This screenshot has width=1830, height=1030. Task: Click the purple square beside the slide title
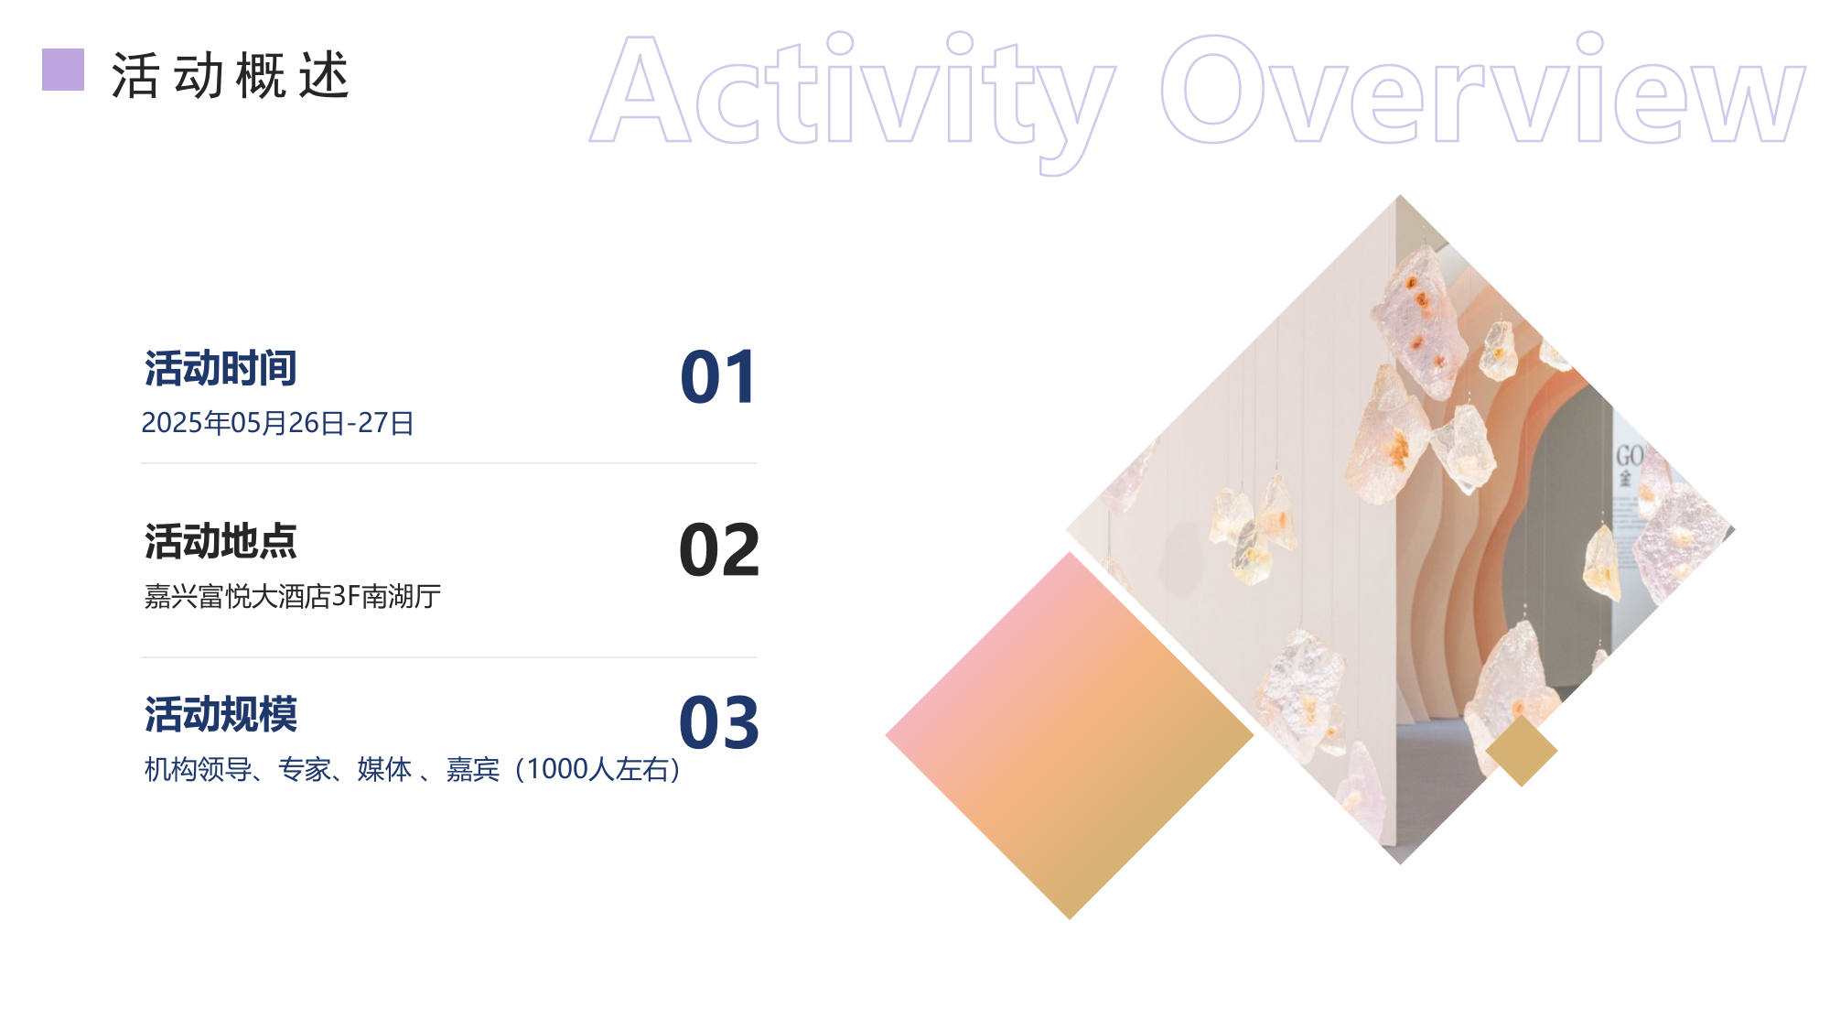tap(63, 70)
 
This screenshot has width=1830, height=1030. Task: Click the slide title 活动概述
tap(230, 75)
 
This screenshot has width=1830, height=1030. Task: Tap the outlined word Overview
tap(1482, 92)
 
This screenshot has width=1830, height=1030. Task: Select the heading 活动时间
tap(221, 369)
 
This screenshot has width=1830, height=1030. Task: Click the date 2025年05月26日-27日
tap(277, 423)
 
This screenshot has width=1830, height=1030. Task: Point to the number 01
tap(718, 377)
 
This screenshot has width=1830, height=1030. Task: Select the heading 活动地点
tap(221, 542)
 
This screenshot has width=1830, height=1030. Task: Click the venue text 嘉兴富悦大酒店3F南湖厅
tap(292, 597)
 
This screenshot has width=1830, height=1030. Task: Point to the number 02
tap(719, 550)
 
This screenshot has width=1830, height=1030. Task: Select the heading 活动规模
tap(221, 715)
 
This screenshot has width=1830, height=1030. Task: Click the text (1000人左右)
tap(598, 770)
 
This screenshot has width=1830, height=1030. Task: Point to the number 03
tap(719, 723)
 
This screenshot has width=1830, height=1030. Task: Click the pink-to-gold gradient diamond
tap(1069, 735)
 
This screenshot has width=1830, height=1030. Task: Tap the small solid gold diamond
tap(1521, 752)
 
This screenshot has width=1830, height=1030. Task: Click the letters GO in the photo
tap(1629, 456)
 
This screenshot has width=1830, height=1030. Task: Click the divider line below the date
tap(448, 463)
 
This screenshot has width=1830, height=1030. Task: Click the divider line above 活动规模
tap(448, 657)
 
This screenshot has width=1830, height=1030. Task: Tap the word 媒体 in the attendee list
tap(384, 770)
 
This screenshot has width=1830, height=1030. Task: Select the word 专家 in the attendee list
tap(305, 770)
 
